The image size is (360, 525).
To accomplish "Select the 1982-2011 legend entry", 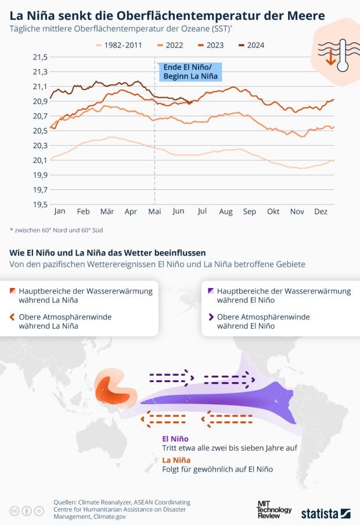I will click(121, 45).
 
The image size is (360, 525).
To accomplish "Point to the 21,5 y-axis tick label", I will click(39, 57).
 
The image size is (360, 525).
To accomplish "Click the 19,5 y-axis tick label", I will click(39, 204).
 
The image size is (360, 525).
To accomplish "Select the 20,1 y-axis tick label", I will click(39, 160).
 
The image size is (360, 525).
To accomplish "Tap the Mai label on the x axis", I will click(154, 212).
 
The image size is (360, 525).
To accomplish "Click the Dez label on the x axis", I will click(321, 212).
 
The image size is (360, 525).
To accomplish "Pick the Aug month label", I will click(225, 212).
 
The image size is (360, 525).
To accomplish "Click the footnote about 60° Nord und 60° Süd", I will click(57, 230).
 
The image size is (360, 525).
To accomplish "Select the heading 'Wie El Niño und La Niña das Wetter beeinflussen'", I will click(107, 253).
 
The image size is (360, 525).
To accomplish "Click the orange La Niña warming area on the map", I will click(113, 389).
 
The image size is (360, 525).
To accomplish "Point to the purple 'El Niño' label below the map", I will click(175, 438).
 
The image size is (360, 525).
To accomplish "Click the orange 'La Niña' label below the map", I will click(176, 460).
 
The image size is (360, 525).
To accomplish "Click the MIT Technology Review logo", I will click(274, 509).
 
